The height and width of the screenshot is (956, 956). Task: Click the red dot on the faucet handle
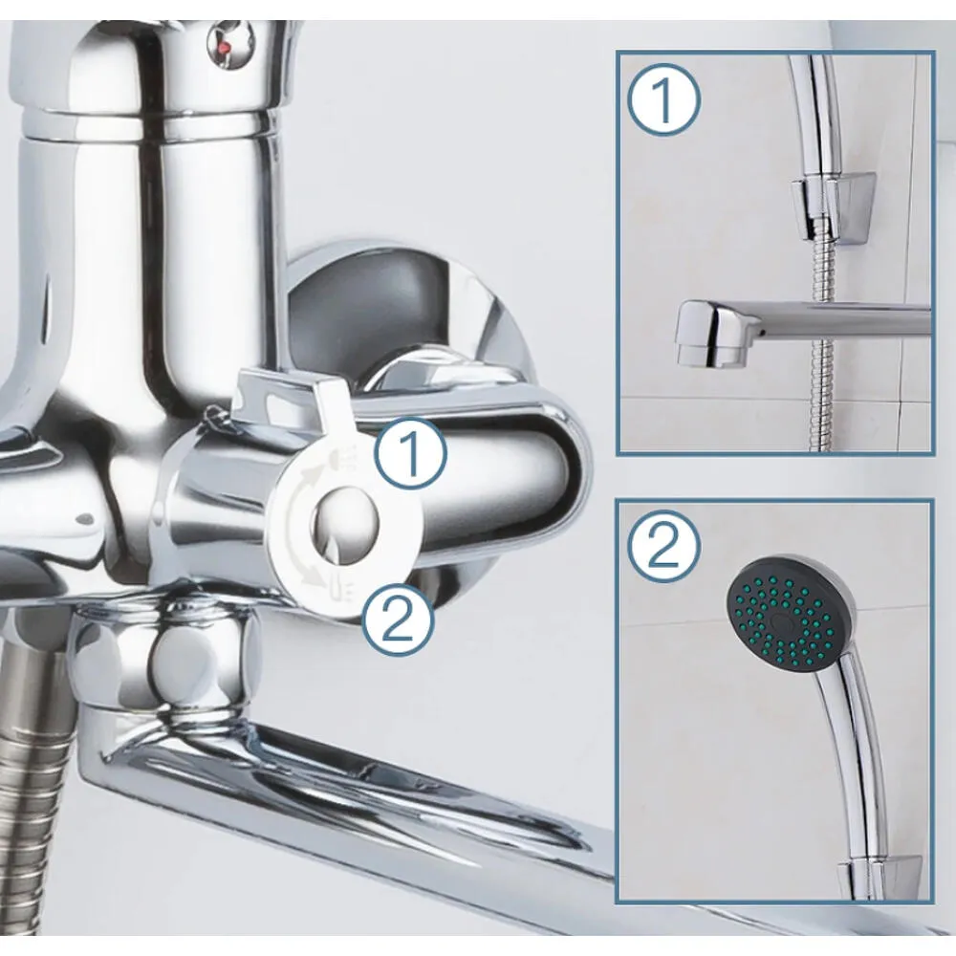pyautogui.click(x=223, y=45)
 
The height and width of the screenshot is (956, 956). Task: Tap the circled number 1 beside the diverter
pyautogui.click(x=411, y=453)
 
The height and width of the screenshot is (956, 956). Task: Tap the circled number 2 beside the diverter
pyautogui.click(x=400, y=620)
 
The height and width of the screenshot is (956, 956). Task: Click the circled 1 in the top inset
pyautogui.click(x=664, y=100)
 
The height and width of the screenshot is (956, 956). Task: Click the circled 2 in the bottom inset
pyautogui.click(x=664, y=546)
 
